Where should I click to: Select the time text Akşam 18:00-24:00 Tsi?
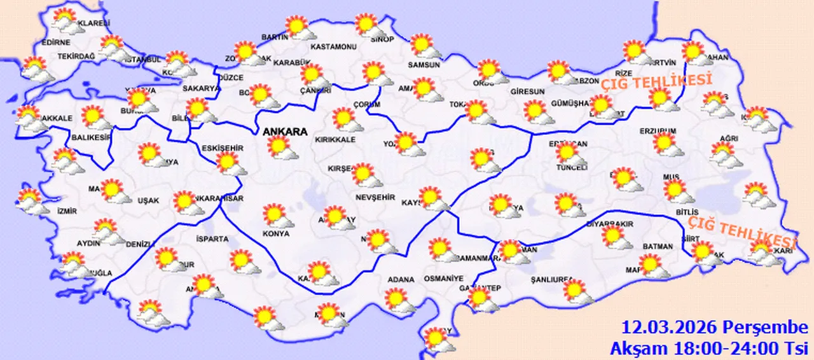click(708, 348)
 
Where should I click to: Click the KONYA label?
click(275, 233)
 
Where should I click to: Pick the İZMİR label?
click(67, 211)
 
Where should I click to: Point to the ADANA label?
click(401, 279)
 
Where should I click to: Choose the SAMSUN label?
click(424, 64)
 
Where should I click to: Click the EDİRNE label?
click(55, 43)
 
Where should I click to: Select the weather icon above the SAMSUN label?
click(423, 46)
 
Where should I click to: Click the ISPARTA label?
click(213, 239)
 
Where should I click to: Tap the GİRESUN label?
click(528, 92)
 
